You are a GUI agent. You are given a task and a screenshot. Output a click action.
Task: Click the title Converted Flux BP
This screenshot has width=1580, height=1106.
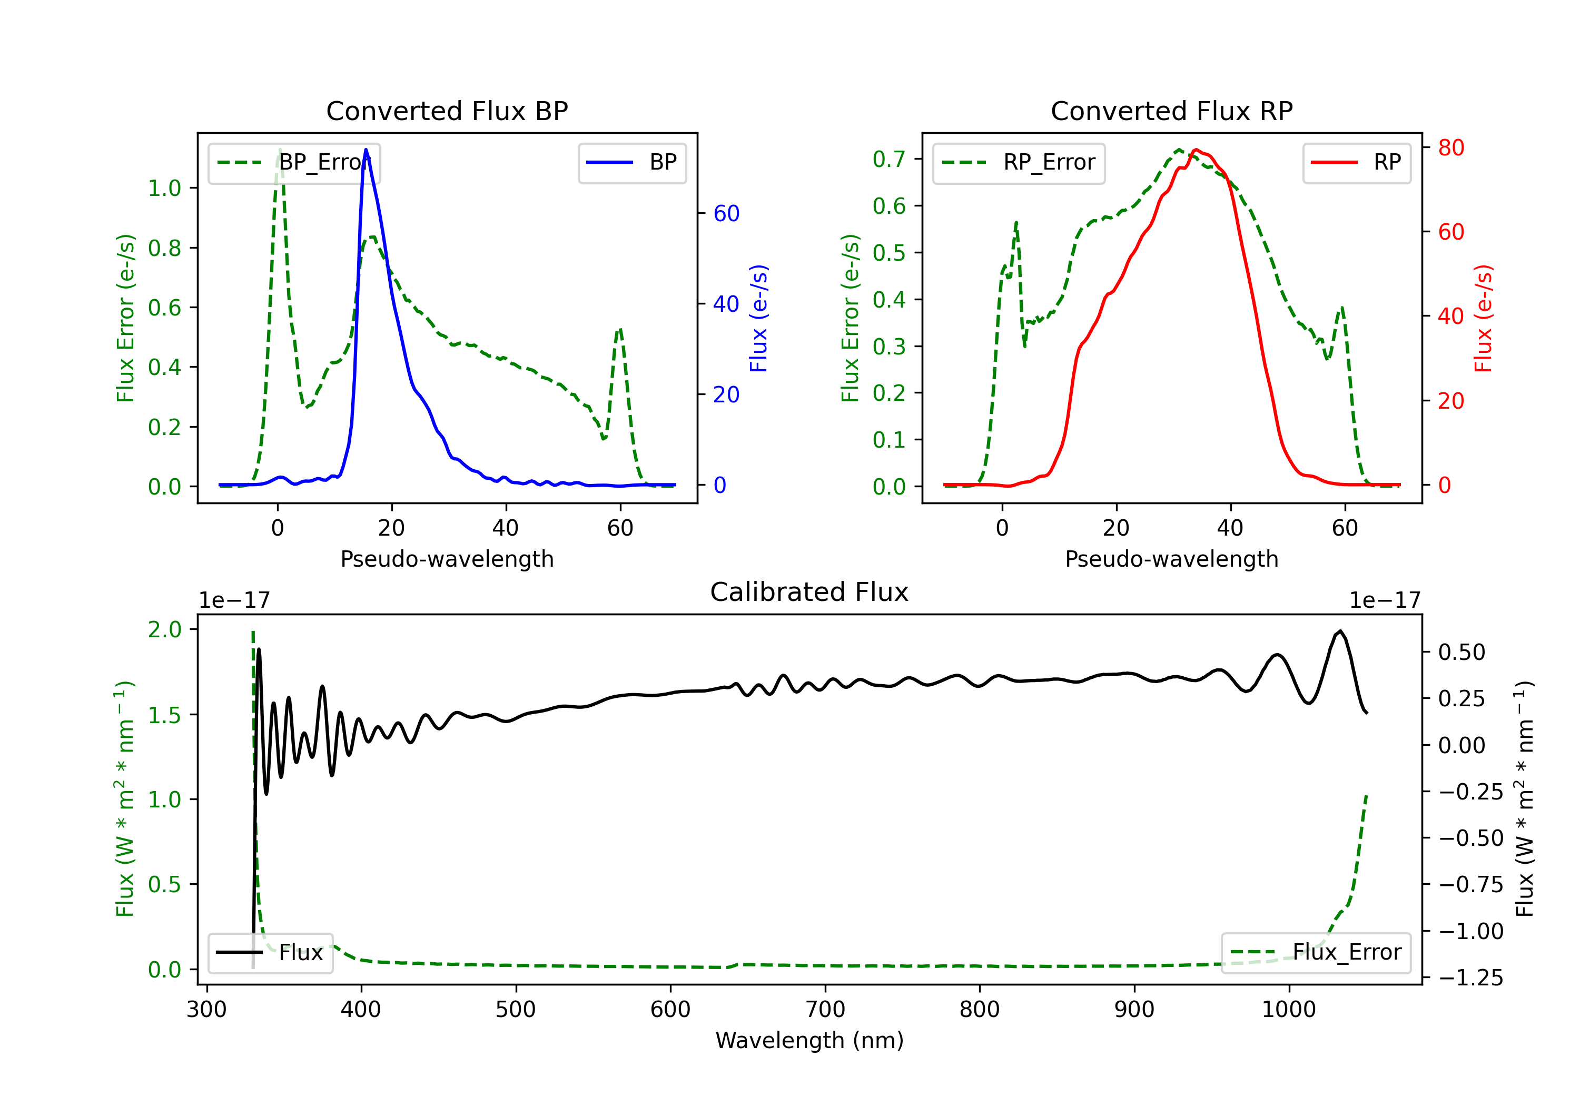click(447, 111)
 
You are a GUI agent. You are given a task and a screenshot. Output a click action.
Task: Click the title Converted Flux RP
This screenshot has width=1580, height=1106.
click(1171, 111)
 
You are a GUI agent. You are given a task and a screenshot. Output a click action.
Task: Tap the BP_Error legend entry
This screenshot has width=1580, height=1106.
click(294, 162)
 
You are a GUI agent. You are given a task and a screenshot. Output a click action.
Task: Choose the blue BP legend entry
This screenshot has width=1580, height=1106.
click(631, 162)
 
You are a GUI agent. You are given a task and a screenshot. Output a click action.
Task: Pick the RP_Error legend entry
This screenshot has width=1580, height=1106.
click(1019, 162)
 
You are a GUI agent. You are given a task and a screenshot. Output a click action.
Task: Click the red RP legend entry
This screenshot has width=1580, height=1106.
click(1356, 162)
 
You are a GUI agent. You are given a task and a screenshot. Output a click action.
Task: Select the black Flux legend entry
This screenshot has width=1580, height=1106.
click(271, 953)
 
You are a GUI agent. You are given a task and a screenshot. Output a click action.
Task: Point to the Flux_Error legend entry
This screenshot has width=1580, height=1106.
click(1316, 953)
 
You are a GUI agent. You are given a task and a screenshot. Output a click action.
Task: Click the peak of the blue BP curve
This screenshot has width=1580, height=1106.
click(366, 150)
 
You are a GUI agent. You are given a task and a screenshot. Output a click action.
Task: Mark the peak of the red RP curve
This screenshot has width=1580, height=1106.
click(1196, 150)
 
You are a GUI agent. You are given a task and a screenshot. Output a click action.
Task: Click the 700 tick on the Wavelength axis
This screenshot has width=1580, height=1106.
click(825, 1010)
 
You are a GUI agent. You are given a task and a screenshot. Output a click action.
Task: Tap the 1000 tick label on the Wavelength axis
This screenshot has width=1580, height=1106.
click(1288, 1010)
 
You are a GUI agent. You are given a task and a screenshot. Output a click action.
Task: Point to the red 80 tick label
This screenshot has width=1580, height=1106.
click(1450, 147)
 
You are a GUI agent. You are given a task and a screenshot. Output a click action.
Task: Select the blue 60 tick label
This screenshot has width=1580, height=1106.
click(726, 213)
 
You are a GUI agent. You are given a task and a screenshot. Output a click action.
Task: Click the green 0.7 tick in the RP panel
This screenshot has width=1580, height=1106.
click(889, 159)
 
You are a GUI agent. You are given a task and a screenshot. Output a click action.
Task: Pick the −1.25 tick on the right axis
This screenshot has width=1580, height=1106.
click(1470, 977)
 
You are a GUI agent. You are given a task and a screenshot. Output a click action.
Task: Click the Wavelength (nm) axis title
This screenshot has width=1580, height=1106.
click(809, 1041)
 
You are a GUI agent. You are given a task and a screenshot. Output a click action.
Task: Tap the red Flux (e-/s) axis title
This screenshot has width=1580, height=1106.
click(1484, 319)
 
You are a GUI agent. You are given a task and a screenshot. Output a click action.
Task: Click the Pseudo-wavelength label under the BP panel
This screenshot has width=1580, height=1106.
click(447, 559)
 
